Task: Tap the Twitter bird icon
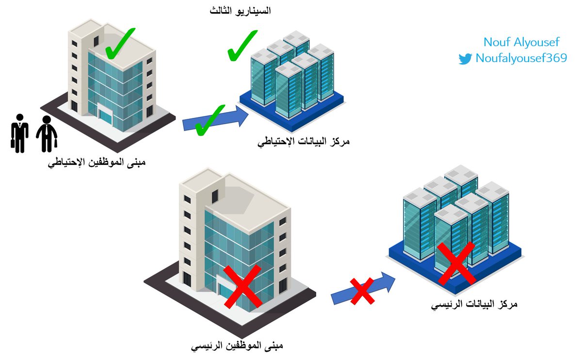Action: pyautogui.click(x=465, y=59)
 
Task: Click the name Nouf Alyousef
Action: pyautogui.click(x=521, y=42)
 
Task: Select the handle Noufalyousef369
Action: pyautogui.click(x=521, y=59)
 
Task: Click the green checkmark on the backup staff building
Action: pyautogui.click(x=120, y=44)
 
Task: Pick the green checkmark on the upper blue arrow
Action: pyautogui.click(x=210, y=119)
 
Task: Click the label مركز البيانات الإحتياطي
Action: pyautogui.click(x=304, y=142)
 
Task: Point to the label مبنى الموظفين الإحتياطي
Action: pyautogui.click(x=97, y=163)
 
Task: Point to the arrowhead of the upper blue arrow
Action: pyautogui.click(x=241, y=116)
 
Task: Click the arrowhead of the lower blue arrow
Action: pyautogui.click(x=388, y=281)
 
